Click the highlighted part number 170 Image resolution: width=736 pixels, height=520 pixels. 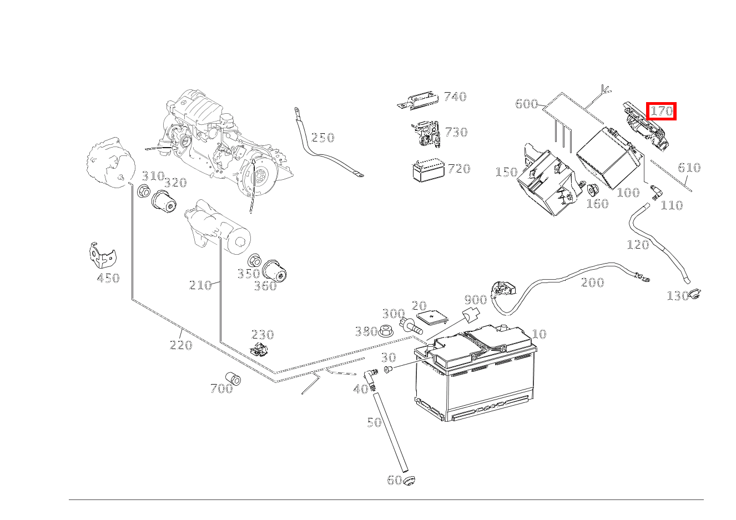[662, 111]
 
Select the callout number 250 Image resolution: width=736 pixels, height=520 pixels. [322, 138]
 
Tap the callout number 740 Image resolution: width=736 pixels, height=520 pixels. [455, 97]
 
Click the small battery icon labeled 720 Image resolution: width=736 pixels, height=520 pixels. [428, 170]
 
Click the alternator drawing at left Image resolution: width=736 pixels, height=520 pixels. [111, 164]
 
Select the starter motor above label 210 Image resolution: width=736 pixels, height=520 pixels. [218, 228]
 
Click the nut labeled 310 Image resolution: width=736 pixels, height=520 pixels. [143, 192]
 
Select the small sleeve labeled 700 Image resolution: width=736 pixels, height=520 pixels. [233, 378]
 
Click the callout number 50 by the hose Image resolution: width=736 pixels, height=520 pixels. [374, 422]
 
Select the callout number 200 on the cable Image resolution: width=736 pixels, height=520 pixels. [592, 282]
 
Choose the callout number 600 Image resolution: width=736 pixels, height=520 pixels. [526, 104]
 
